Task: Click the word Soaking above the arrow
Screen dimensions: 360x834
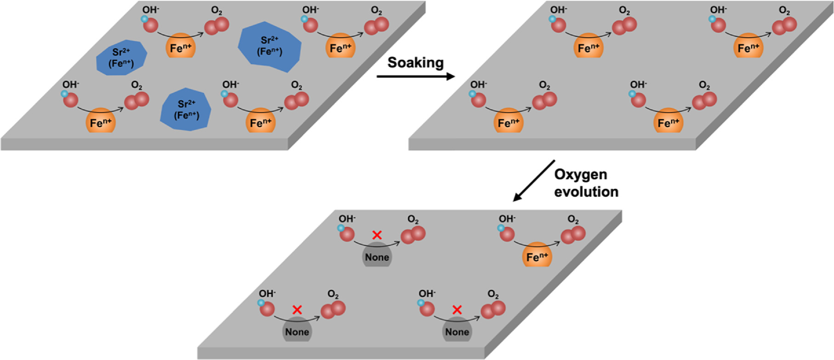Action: pos(415,63)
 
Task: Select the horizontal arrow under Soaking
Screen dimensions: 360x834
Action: pos(415,76)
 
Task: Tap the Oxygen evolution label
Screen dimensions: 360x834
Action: pos(586,183)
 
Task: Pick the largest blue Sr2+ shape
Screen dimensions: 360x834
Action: pos(270,46)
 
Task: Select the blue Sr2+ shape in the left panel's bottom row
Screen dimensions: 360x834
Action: pos(186,109)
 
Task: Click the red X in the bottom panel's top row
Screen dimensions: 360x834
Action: pos(377,235)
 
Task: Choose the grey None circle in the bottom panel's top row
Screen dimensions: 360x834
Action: pos(377,256)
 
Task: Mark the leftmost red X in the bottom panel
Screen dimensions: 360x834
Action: pos(297,310)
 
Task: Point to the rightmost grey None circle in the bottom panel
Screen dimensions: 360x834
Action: pos(457,331)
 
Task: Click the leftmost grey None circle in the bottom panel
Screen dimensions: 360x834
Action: pos(297,331)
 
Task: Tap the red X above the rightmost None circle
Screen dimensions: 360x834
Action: pos(457,310)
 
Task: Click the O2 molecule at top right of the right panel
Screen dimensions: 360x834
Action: pos(785,26)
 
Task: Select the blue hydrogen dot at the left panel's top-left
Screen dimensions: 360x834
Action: pos(144,19)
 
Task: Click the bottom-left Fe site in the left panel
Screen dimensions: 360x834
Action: pos(101,121)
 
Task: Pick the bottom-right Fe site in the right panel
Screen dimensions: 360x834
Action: pos(668,121)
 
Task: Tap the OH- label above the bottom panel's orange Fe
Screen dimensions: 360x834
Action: pos(507,219)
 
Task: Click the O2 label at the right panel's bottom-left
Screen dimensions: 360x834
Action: pos(544,86)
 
